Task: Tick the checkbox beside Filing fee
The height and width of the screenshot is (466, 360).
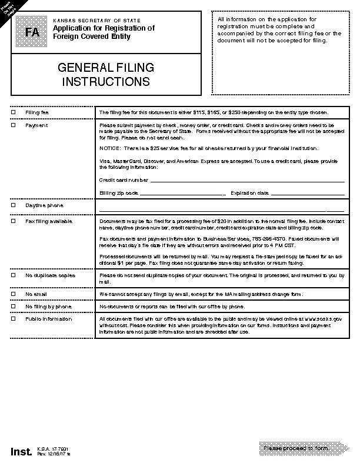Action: [14, 112]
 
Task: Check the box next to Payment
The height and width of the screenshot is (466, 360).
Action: [14, 125]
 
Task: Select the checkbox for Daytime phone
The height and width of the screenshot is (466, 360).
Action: [14, 205]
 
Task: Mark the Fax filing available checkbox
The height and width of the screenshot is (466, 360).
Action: [14, 221]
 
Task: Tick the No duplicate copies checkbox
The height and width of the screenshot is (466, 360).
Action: [14, 275]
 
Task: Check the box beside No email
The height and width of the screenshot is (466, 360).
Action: [14, 293]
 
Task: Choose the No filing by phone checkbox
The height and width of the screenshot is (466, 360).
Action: [14, 306]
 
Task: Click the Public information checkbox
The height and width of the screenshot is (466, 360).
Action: [14, 319]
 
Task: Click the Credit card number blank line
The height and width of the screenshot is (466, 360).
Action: [247, 181]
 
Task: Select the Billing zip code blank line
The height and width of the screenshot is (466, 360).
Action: [182, 194]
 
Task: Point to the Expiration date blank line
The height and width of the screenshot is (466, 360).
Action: [307, 194]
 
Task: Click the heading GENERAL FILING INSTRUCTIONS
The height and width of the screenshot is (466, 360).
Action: [106, 75]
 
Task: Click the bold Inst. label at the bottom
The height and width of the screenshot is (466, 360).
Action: [21, 451]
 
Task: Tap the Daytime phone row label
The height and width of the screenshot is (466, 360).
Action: [44, 205]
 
